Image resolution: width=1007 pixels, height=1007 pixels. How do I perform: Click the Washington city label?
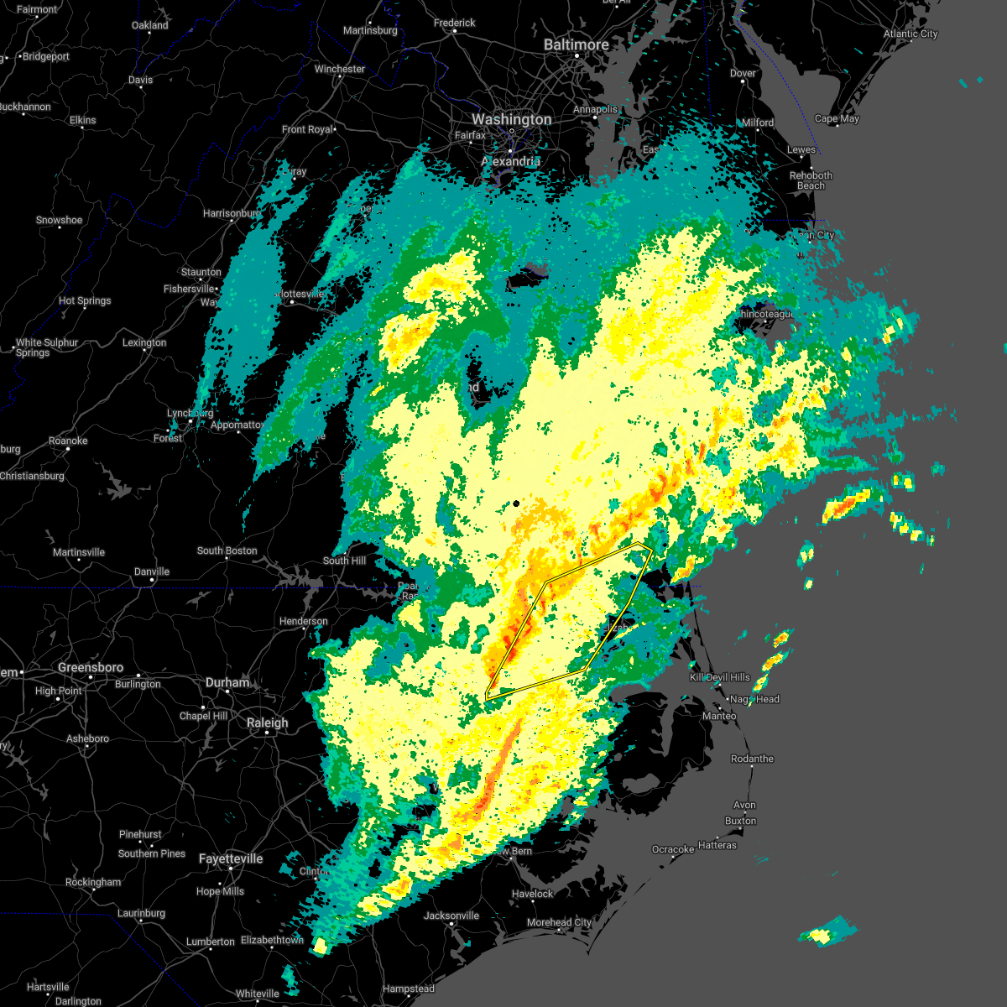pos(511,120)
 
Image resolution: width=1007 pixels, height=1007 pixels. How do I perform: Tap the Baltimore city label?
pos(576,44)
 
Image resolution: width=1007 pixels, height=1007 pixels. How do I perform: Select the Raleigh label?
pos(267,723)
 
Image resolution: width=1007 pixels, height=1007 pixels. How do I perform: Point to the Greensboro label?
pos(91,668)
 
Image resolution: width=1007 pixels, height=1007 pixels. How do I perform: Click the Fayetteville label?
pos(231,858)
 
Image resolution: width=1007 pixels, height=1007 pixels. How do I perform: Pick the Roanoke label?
pos(68,441)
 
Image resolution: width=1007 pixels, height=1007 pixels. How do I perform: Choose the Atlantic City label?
pos(910,34)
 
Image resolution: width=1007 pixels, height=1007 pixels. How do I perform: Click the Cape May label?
pos(837,118)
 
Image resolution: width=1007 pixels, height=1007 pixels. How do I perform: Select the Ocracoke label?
pos(673,849)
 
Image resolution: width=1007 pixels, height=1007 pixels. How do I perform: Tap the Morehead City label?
pos(559,922)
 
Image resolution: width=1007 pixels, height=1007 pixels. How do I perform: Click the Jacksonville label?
pos(451,916)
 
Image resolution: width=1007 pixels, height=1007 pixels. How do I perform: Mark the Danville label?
pos(152,571)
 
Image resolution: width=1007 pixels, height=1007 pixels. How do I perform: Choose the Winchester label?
pos(340,69)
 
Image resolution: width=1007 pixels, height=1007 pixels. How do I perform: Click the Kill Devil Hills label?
pos(719,677)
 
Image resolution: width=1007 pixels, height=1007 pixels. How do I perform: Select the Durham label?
pos(227,682)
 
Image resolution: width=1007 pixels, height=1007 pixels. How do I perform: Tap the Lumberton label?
pos(211,942)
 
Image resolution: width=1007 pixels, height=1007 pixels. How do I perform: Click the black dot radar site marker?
pos(516,503)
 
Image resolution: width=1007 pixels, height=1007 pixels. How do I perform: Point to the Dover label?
pos(743,73)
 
